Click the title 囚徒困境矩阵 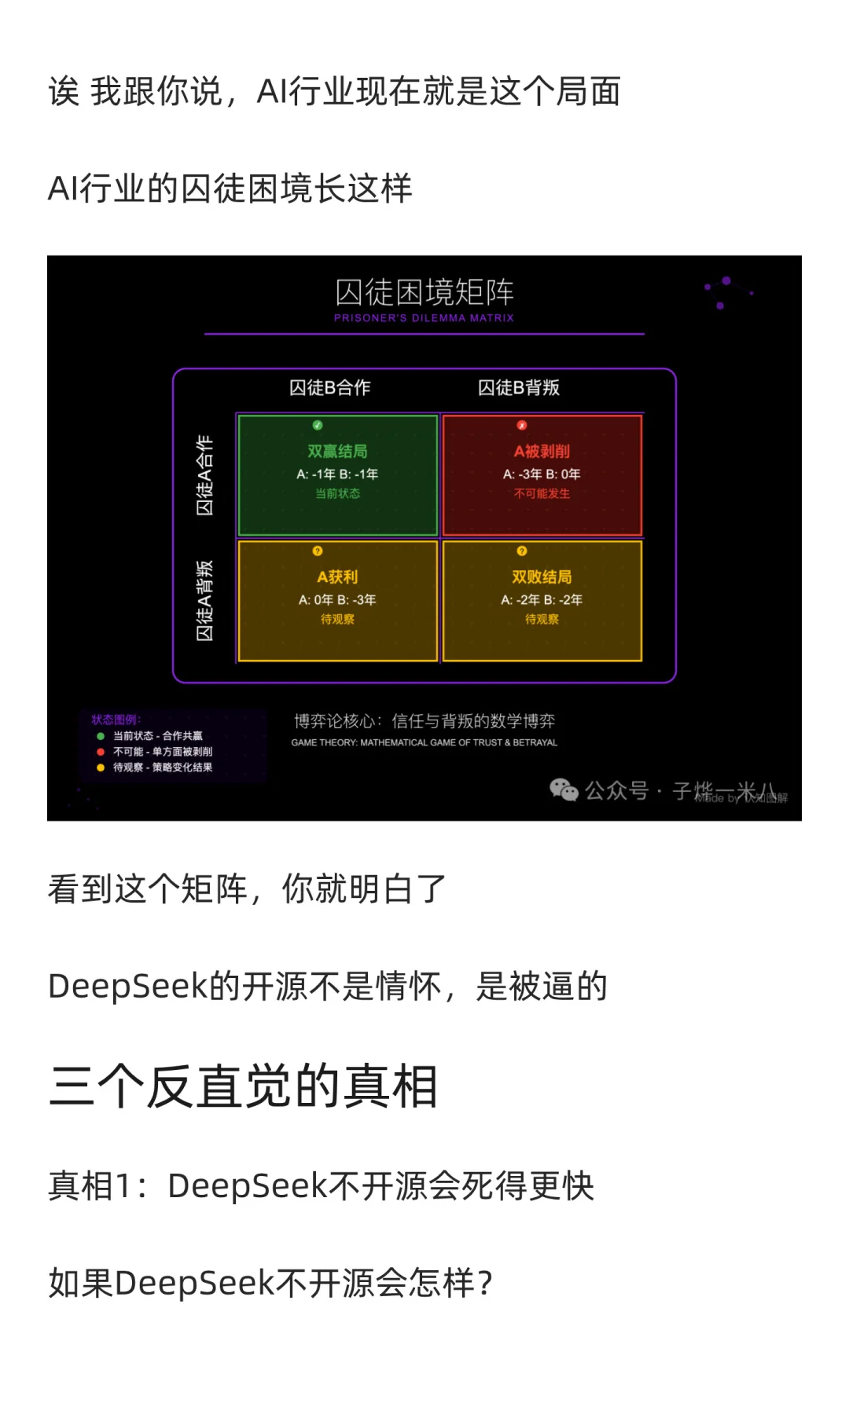pyautogui.click(x=424, y=292)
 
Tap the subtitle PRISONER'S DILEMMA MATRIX pyautogui.click(x=424, y=318)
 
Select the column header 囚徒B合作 pyautogui.click(x=329, y=387)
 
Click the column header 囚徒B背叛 pyautogui.click(x=519, y=387)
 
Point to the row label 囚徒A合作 pyautogui.click(x=204, y=474)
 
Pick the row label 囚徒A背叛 pyautogui.click(x=204, y=600)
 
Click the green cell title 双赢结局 pyautogui.click(x=337, y=451)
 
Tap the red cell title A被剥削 pyautogui.click(x=542, y=451)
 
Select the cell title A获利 pyautogui.click(x=337, y=577)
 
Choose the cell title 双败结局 pyautogui.click(x=542, y=577)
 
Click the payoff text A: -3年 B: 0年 pyautogui.click(x=542, y=474)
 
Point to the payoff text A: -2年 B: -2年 pyautogui.click(x=542, y=599)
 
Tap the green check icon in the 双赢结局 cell pyautogui.click(x=318, y=425)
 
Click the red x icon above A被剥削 pyautogui.click(x=522, y=425)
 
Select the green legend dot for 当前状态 pyautogui.click(x=101, y=736)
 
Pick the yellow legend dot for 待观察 pyautogui.click(x=101, y=767)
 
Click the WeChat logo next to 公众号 pyautogui.click(x=564, y=789)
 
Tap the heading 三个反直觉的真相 pyautogui.click(x=243, y=1086)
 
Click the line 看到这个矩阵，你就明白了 pyautogui.click(x=247, y=889)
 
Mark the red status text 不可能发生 pyautogui.click(x=542, y=493)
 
